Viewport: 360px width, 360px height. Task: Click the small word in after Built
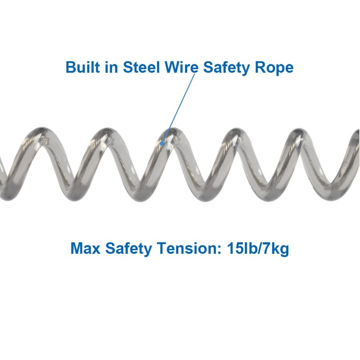point(107,67)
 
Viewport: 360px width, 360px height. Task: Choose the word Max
point(85,249)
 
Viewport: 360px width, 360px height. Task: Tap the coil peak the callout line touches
point(169,135)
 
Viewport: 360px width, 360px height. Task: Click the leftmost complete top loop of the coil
point(38,135)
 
